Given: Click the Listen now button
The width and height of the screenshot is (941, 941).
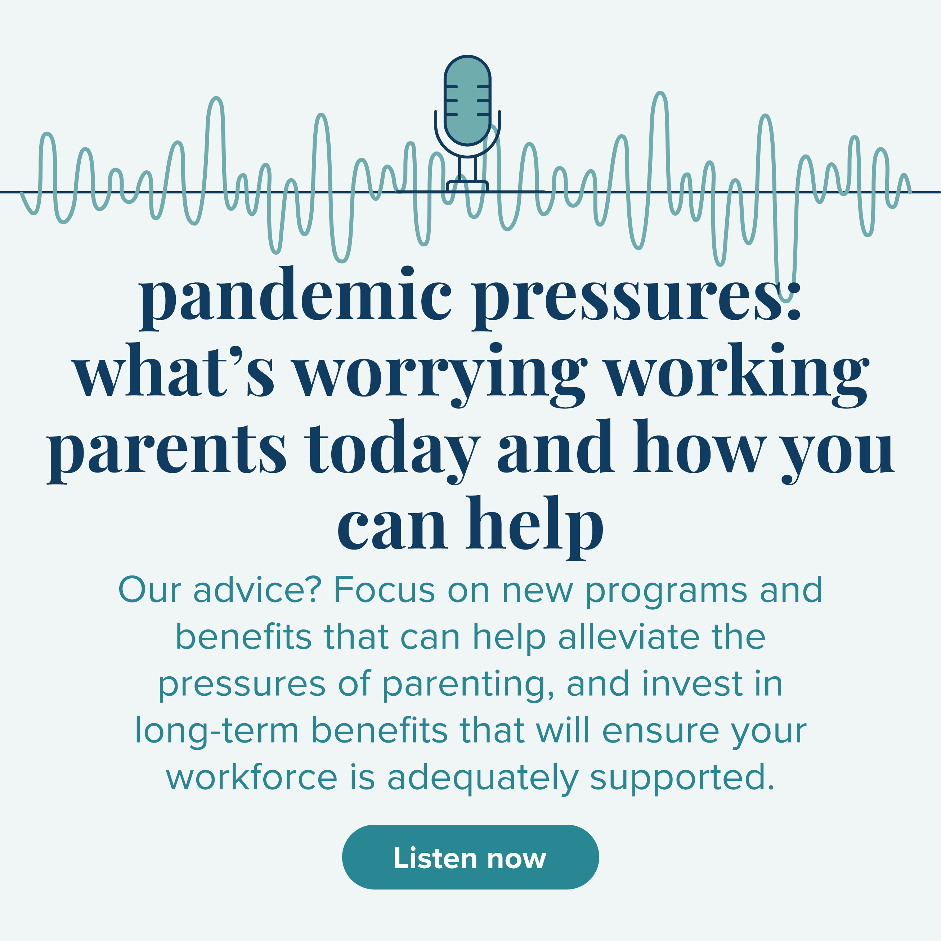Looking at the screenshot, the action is [x=470, y=857].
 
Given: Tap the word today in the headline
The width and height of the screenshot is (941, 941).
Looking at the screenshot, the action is [x=393, y=451].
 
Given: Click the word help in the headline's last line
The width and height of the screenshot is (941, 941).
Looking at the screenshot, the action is [x=535, y=528].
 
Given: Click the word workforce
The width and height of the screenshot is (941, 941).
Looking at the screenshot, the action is [x=252, y=778].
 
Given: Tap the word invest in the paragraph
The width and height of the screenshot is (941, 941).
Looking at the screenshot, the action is [x=693, y=684].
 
